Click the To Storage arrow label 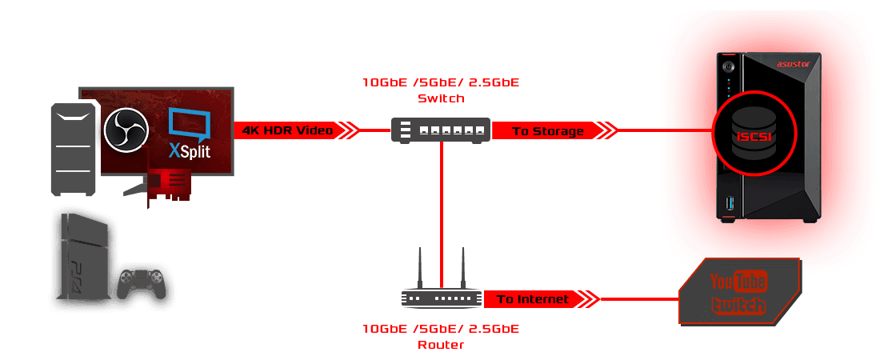548,130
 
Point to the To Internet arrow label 533,299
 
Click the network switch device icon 441,130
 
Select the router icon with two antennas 442,297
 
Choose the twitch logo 738,305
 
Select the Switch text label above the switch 441,98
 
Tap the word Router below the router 441,345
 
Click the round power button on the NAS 729,66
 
